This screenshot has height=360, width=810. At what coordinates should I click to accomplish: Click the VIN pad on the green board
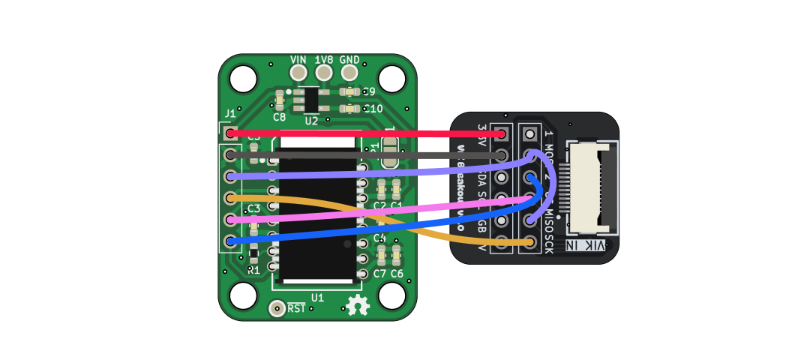[298, 73]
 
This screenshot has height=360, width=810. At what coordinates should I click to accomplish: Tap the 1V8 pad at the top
[324, 73]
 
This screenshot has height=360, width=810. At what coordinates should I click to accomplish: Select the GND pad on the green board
[349, 73]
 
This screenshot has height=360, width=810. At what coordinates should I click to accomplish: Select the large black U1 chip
[315, 217]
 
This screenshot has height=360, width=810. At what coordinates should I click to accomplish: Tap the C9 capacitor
[348, 92]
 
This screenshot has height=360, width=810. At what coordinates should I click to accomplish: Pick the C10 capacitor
[348, 109]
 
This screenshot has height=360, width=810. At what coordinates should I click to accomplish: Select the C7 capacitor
[380, 257]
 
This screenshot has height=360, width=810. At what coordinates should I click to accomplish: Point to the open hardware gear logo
[358, 305]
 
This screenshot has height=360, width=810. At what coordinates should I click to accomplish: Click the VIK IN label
[589, 246]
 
